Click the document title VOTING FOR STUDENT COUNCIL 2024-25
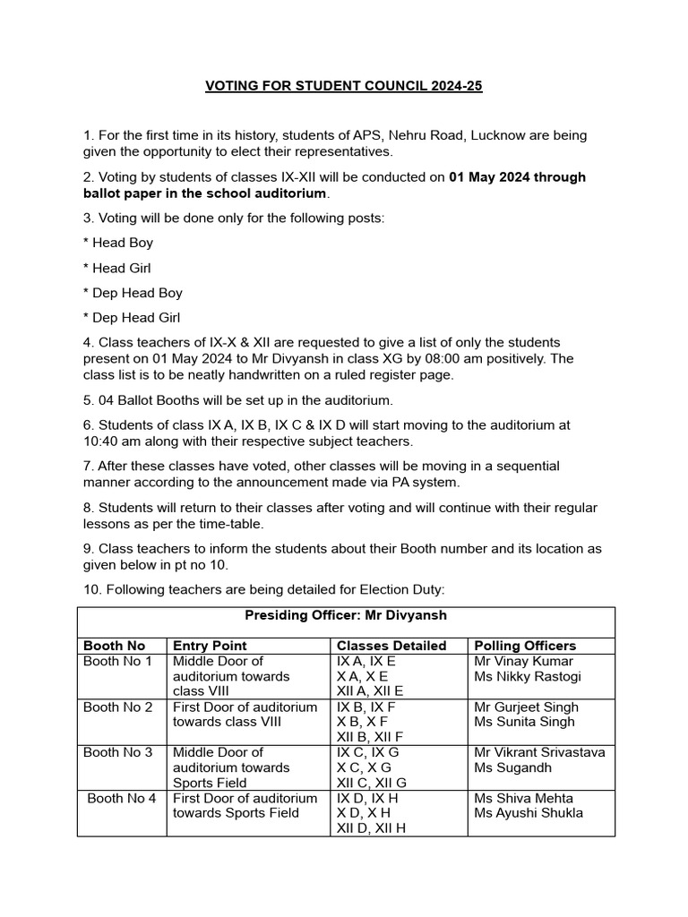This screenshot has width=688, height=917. point(344,87)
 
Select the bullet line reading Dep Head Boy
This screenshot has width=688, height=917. point(133,293)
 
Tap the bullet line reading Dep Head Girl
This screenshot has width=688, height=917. point(133,318)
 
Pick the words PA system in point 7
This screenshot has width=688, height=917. point(426,482)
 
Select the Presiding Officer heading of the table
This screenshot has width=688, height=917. point(346,615)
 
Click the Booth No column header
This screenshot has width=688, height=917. point(114,646)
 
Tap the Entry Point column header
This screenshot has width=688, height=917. point(210,646)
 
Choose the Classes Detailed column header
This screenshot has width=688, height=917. point(391,646)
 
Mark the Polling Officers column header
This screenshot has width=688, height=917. point(525,646)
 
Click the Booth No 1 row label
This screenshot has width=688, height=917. point(117,662)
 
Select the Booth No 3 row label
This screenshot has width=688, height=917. point(117,753)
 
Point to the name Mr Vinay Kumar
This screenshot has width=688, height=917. point(523,662)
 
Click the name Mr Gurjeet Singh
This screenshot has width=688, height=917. point(526,707)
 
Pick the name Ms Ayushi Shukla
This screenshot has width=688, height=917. point(528,813)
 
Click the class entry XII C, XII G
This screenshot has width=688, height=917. point(371,783)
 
